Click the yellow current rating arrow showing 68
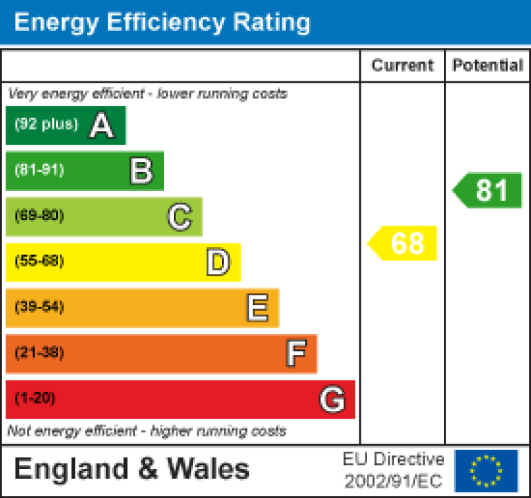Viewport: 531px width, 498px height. tap(403, 243)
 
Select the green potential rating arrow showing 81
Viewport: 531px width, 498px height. tap(488, 190)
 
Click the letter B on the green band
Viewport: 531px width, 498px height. tap(141, 171)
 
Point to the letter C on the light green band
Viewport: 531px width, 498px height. tap(179, 217)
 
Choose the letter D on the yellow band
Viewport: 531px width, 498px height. tap(218, 263)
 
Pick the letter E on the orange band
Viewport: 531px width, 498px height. tap(257, 308)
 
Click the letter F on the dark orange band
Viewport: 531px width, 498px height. tap(296, 354)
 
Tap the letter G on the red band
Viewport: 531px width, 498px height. tap(332, 399)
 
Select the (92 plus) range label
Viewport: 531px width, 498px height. tap(46, 125)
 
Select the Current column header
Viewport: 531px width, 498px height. tap(403, 66)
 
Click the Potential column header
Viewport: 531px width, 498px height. tap(488, 66)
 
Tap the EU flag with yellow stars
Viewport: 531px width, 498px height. tap(486, 470)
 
